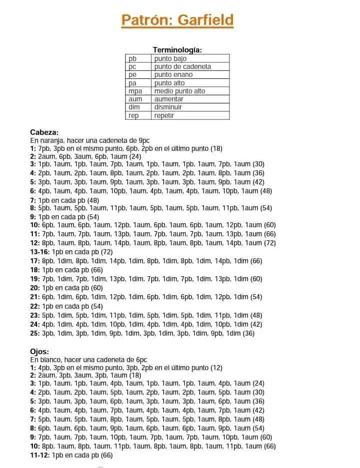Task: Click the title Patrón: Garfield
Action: pos(177,20)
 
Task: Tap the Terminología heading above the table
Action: pos(177,50)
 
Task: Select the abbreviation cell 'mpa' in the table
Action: pos(135,91)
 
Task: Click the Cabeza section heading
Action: pos(44,132)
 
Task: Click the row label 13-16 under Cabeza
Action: pos(40,252)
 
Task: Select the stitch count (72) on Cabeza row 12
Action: pos(270,243)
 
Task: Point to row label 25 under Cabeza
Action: pos(35,333)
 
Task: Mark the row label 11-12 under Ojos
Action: pos(40,455)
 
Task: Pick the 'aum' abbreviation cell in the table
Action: pos(135,99)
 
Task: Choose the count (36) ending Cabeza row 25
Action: pos(248,333)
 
